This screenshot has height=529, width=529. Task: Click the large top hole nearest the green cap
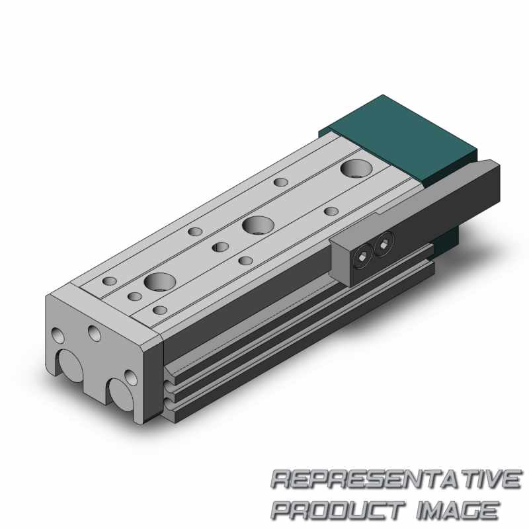pos(356,168)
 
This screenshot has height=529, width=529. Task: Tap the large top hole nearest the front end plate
pos(159,282)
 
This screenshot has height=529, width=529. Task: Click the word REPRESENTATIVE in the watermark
pos(395,479)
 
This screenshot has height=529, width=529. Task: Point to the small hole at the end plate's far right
pos(131,378)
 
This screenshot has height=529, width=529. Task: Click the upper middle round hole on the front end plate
pos(95,331)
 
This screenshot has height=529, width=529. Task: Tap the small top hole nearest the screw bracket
pos(331,212)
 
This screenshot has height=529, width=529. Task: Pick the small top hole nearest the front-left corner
pos(108,282)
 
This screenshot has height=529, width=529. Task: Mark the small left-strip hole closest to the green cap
pos(281,181)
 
